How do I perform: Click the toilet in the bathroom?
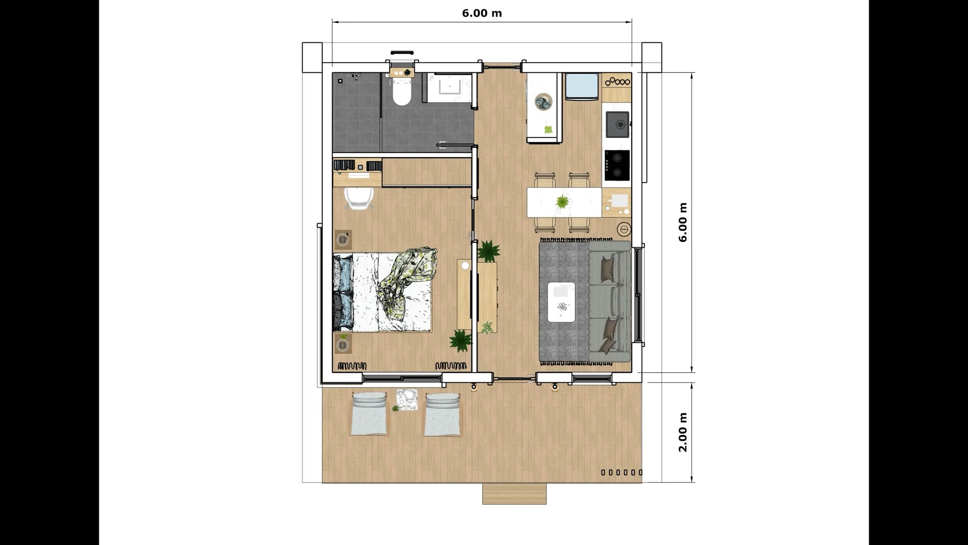402,94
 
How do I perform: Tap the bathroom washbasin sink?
448,88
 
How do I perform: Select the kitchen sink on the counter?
618,124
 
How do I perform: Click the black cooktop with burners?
617,165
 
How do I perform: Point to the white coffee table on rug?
562,301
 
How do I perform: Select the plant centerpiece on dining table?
562,202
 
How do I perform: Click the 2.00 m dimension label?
683,432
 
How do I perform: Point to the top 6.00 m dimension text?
481,13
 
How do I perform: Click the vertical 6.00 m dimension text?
683,223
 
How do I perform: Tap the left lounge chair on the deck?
370,414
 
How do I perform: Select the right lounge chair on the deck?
442,414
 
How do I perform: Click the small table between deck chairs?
406,401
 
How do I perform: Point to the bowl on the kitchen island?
544,102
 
